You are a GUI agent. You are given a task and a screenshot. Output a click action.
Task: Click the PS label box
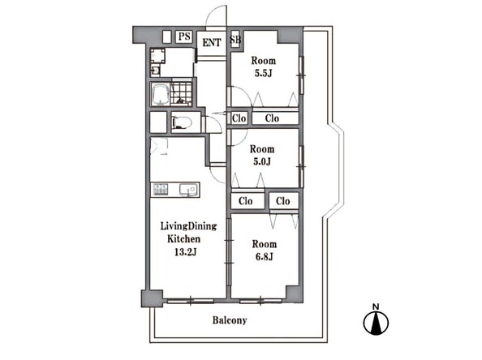point(184,36)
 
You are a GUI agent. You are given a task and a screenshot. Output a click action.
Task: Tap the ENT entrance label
point(212,42)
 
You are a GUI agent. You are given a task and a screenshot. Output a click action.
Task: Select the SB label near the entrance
point(235,39)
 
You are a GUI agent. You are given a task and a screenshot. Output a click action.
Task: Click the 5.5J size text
point(263,74)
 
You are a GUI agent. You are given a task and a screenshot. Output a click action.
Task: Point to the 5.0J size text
point(262,161)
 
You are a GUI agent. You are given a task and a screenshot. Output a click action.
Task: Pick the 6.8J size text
point(265,256)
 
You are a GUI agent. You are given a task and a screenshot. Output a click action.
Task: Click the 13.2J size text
point(185,252)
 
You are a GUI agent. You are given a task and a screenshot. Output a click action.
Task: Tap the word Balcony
point(230,320)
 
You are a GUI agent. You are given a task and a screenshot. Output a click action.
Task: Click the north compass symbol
point(376,323)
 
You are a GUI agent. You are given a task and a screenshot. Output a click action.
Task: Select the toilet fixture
point(182,122)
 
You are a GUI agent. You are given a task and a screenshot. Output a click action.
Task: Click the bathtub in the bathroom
point(160,95)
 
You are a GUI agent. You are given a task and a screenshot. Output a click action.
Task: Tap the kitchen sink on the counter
point(188,190)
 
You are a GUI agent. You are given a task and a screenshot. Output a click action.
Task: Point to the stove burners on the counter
point(161,190)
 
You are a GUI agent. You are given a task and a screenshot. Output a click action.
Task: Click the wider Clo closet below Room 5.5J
point(275,118)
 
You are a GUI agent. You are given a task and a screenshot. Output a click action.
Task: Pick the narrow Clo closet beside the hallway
point(239,118)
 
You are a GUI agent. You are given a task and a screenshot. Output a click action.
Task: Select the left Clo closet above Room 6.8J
point(247,201)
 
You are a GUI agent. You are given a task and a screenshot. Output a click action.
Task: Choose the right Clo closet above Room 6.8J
point(284,201)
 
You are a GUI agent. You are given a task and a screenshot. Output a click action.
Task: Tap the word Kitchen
point(183,238)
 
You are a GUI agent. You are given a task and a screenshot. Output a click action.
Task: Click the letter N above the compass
point(376,306)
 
